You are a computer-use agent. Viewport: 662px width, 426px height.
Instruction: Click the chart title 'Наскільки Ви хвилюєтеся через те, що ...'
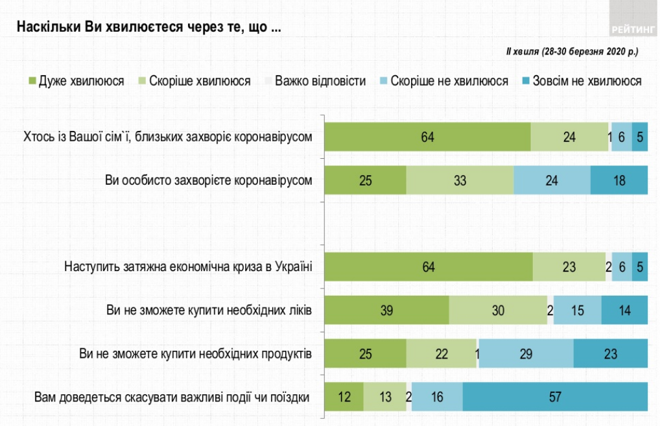point(148,28)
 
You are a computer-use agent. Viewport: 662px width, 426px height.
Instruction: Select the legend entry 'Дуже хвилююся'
point(76,81)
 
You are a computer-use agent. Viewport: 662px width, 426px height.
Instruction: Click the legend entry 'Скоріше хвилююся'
point(194,81)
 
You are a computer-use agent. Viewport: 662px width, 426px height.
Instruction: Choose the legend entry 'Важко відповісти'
point(314,81)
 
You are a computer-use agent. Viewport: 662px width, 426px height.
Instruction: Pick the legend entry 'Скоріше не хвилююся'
point(443,81)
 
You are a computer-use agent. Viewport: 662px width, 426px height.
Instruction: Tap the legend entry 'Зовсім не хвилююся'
point(580,81)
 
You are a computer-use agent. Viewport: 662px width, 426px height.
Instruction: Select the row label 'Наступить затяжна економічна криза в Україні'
point(188,266)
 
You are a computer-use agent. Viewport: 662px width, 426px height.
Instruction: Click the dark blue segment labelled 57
point(555,397)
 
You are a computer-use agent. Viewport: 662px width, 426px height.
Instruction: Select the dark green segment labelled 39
point(386,311)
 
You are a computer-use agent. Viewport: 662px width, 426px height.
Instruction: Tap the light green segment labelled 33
point(460,180)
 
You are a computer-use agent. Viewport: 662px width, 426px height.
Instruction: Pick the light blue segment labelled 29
point(526,354)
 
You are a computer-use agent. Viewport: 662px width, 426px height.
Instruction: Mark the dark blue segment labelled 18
point(619,180)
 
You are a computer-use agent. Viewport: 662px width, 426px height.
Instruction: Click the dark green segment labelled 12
point(344,397)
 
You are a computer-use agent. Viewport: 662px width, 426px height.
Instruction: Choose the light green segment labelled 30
point(498,311)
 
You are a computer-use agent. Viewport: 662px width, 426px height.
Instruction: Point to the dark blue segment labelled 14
point(624,311)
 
